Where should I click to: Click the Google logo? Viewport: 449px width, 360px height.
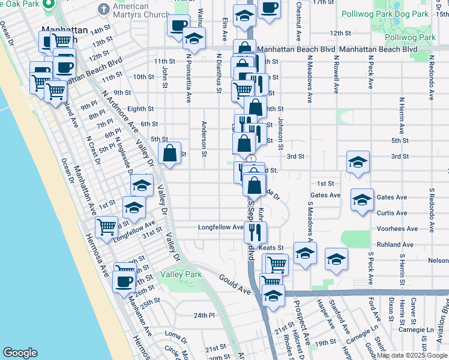coord(20,353)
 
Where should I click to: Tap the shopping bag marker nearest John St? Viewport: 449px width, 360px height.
coord(170,154)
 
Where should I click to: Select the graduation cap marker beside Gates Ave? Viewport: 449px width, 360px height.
coord(362,200)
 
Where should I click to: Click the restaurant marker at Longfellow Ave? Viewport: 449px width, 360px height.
coord(256,231)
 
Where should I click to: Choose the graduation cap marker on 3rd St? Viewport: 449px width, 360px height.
coord(358,162)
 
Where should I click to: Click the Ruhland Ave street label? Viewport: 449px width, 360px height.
coord(395,245)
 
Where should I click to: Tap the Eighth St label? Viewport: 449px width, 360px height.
coord(140,109)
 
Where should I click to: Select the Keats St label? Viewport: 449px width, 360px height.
coord(271,247)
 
